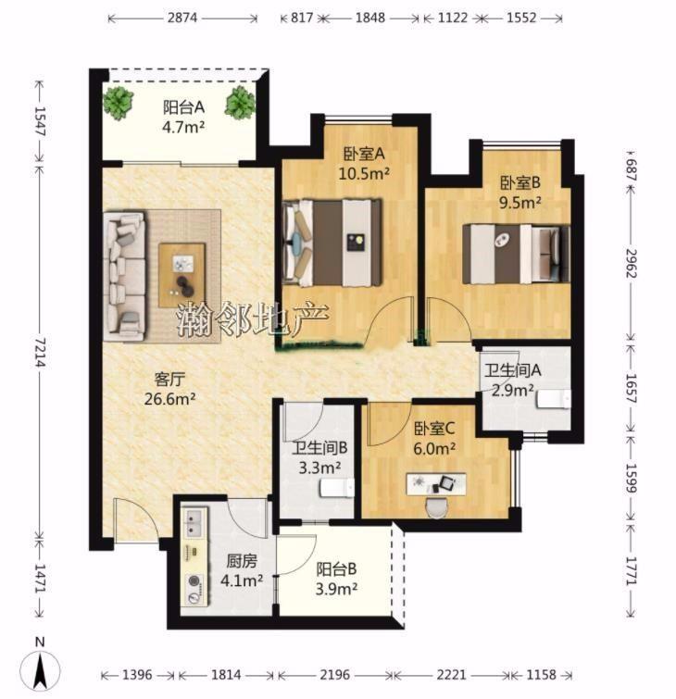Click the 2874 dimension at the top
182,19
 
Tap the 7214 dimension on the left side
40,352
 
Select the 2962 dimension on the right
631,264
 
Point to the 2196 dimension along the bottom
334,675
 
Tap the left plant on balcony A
119,102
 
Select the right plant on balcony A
240,103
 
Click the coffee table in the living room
182,275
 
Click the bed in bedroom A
332,243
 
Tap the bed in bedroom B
516,254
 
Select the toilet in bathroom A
554,398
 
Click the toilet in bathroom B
337,487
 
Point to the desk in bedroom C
436,484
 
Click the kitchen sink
194,523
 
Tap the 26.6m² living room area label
169,398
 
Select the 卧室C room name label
434,429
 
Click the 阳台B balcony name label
336,569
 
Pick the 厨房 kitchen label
242,561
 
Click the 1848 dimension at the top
370,19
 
